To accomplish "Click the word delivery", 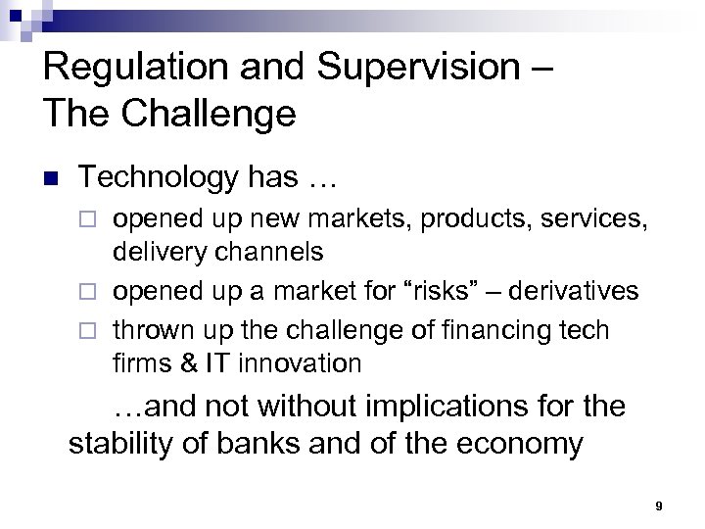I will pyautogui.click(x=161, y=252).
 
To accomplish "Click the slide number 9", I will pyautogui.click(x=659, y=505).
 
